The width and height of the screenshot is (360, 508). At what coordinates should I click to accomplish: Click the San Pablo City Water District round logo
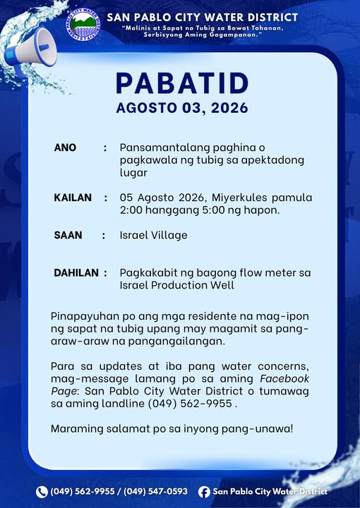(x=83, y=25)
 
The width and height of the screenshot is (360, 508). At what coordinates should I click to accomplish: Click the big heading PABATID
(x=182, y=83)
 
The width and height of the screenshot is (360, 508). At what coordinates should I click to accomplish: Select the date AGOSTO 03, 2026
(x=182, y=108)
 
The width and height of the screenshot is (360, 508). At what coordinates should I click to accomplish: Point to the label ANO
(x=65, y=147)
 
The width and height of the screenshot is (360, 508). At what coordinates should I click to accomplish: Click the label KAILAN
(x=73, y=198)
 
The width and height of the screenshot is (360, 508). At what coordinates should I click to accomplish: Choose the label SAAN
(x=68, y=235)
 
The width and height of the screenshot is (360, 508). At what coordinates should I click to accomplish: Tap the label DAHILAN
(x=76, y=273)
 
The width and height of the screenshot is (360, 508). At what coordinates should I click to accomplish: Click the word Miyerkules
(x=239, y=198)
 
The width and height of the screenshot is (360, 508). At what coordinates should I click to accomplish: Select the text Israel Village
(x=154, y=235)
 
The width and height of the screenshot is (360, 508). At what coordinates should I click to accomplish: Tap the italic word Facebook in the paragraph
(x=284, y=378)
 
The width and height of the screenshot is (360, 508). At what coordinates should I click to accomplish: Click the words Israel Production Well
(x=177, y=285)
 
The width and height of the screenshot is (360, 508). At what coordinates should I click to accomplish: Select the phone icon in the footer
(x=42, y=492)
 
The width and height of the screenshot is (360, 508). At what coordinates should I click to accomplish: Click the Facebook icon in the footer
(x=204, y=492)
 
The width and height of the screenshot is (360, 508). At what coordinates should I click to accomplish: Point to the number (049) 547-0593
(x=155, y=492)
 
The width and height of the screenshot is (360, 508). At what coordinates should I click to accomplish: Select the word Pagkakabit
(x=146, y=273)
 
